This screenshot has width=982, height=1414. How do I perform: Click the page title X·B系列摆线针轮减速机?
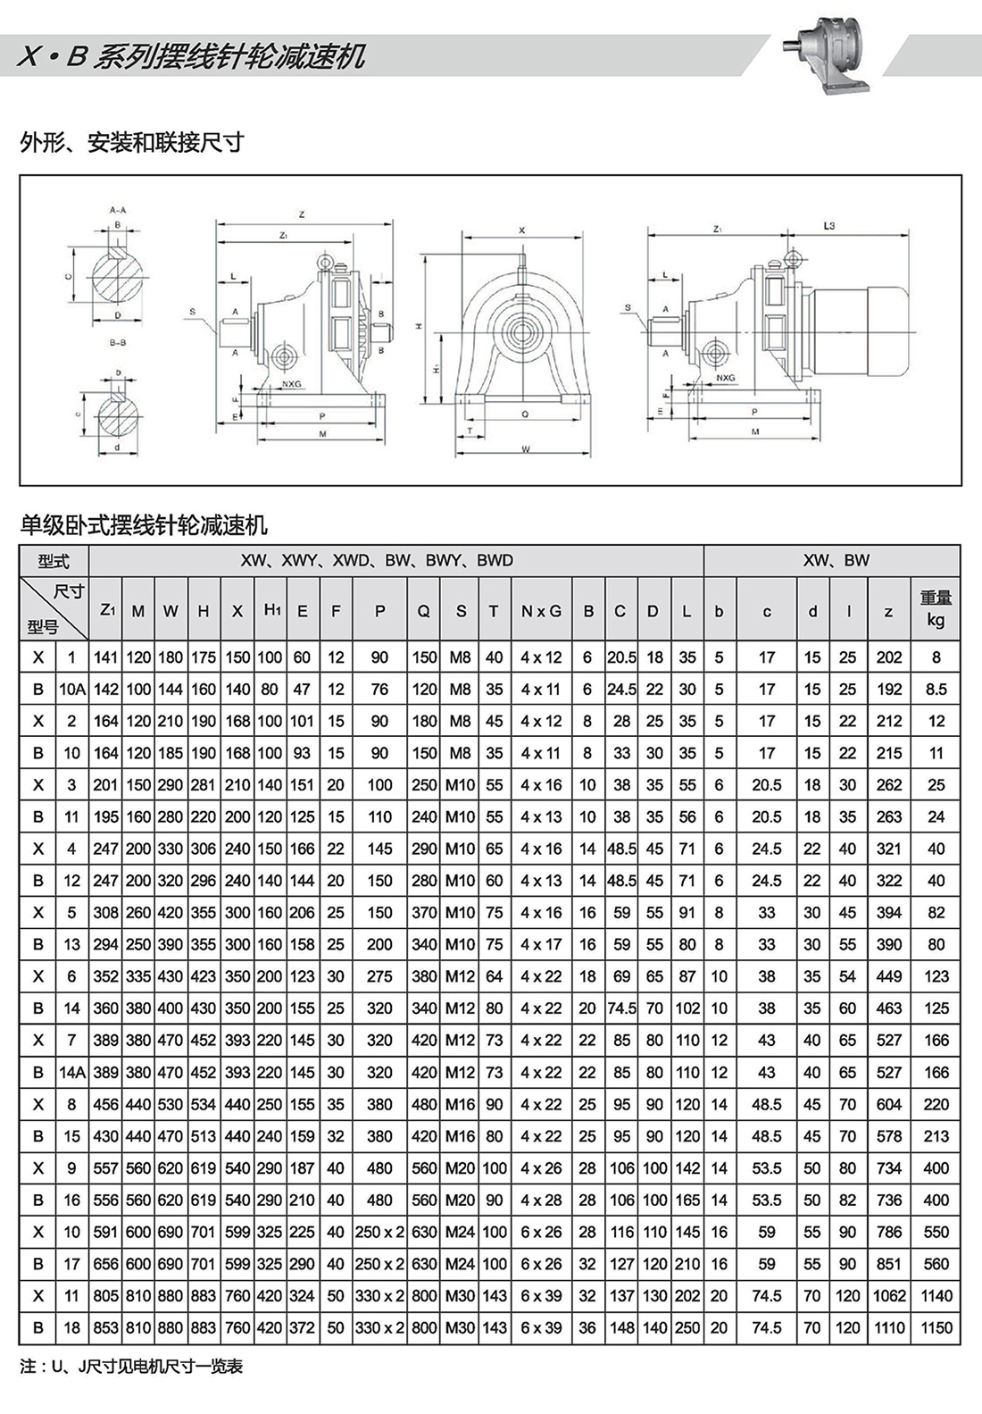point(192,56)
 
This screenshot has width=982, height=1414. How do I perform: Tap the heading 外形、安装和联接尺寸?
point(132,143)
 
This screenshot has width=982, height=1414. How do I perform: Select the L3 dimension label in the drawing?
point(828,227)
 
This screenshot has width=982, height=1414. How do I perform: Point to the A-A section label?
point(118,210)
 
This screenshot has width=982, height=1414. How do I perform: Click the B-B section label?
point(118,342)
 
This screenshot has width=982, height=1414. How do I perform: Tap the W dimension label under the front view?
point(525,449)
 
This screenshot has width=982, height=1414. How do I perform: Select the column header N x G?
point(541,611)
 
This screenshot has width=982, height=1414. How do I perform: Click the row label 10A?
point(72,689)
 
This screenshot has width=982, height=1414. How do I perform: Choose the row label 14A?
point(72,1072)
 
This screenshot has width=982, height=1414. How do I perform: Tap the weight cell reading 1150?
point(936,1327)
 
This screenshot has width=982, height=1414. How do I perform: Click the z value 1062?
point(888,1295)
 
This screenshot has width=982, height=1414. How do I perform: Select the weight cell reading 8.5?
point(936,689)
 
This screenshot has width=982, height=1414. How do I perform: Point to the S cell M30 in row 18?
point(460,1327)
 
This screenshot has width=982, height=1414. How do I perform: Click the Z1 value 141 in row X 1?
point(105,657)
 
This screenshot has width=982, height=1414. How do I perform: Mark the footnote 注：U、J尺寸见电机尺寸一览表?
point(131,1367)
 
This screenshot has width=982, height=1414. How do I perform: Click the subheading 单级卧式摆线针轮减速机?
point(144,526)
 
